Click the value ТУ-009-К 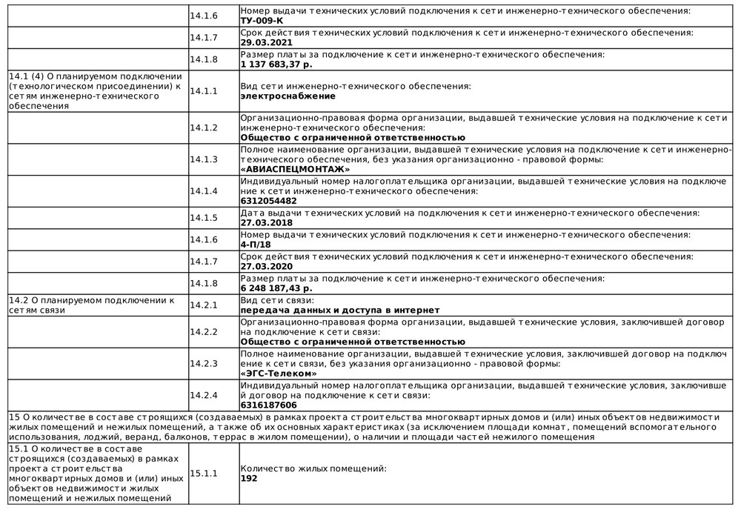pyautogui.click(x=262, y=21)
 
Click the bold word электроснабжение pyautogui.click(x=288, y=96)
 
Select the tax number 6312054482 pyautogui.click(x=269, y=201)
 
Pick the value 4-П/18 pyautogui.click(x=256, y=245)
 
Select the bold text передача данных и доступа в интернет pyautogui.click(x=340, y=311)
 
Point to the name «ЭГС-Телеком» pyautogui.click(x=279, y=374)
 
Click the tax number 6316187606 pyautogui.click(x=269, y=405)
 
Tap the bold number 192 pyautogui.click(x=249, y=479)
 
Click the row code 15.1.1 pyautogui.click(x=203, y=473)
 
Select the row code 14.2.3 pyautogui.click(x=203, y=363)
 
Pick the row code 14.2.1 pyautogui.click(x=203, y=305)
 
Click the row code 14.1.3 pyautogui.click(x=203, y=159)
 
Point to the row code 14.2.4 pyautogui.click(x=203, y=394)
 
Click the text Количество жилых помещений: pyautogui.click(x=313, y=468)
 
